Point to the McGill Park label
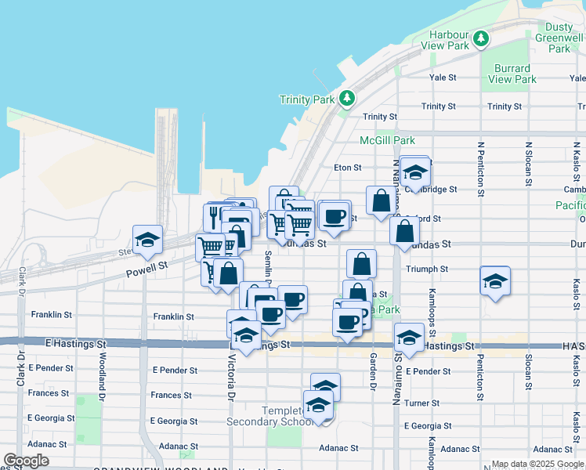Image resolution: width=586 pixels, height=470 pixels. tap(387, 140)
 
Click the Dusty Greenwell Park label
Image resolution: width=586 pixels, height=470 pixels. tap(559, 38)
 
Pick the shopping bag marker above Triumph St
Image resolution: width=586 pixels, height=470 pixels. tap(360, 263)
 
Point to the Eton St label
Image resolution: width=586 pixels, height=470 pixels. tap(347, 167)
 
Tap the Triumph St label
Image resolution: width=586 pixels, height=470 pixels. tap(426, 269)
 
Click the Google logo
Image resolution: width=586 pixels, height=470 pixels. tap(27, 461)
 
